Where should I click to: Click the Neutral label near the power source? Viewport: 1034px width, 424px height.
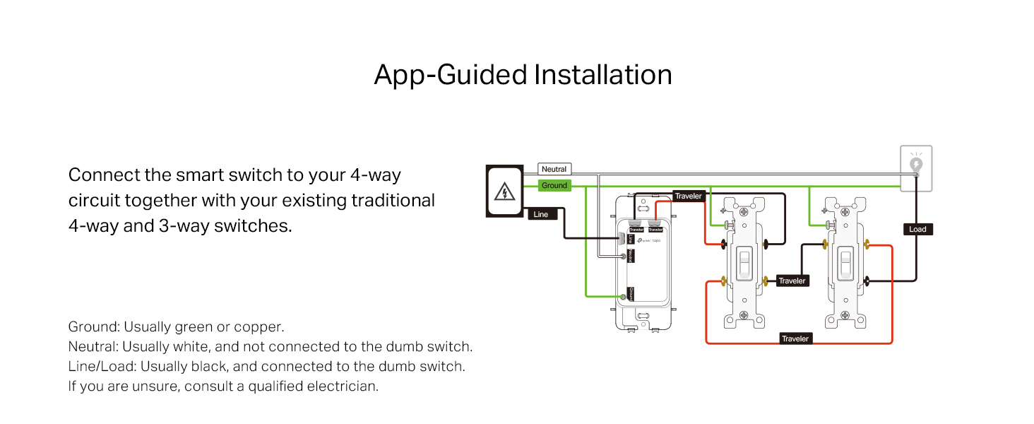coord(554,170)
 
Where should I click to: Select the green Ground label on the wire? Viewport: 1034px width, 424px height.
coord(554,186)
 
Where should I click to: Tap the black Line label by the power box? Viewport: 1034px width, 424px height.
coord(541,214)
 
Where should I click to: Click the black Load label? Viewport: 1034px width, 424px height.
coord(917,229)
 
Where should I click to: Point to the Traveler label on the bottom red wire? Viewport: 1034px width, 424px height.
coord(795,339)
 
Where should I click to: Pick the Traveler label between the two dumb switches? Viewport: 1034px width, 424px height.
coord(792,281)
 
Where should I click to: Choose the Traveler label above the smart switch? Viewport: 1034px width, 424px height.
coord(688,196)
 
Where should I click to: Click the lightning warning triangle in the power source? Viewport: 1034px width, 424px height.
coord(504,191)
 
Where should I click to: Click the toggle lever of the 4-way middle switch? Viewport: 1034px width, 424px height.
coord(744,264)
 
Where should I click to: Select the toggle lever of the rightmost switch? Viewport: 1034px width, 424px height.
coord(846,264)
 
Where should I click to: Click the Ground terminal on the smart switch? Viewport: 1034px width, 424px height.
coord(623,298)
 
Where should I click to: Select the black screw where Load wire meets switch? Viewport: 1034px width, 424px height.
coord(867,281)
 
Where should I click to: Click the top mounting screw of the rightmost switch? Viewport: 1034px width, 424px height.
coord(845,211)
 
